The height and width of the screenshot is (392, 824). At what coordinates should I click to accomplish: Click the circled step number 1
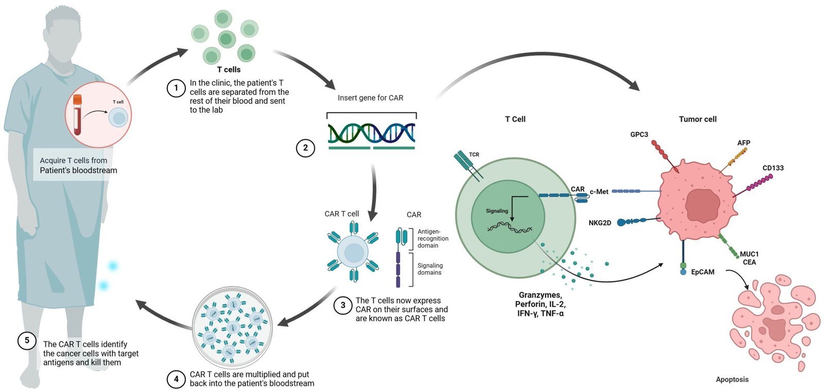point(176,88)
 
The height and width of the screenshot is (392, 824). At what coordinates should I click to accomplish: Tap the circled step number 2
point(305,148)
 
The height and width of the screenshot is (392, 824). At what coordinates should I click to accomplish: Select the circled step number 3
point(343,305)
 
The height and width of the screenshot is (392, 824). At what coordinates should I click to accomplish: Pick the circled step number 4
point(176,379)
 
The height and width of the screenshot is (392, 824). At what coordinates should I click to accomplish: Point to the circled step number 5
point(27,341)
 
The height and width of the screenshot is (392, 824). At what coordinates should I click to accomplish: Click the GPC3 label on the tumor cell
point(639,134)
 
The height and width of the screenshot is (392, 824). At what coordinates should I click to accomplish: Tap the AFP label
point(744,142)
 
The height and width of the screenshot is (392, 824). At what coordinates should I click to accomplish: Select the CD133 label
point(773,168)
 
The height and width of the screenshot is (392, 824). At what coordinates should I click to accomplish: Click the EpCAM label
point(702,272)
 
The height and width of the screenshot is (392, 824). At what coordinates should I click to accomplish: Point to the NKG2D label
point(600,223)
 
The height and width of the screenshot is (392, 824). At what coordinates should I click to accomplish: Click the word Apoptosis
point(732,380)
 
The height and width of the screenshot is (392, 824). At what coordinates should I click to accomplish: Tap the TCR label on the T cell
point(474,154)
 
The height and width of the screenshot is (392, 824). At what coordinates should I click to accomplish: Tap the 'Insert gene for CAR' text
point(370,98)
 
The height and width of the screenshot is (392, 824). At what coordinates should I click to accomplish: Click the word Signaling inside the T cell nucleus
point(497,211)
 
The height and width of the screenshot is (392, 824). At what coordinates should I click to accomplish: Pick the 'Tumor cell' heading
point(698,119)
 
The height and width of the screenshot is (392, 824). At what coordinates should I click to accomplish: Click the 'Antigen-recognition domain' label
point(433,239)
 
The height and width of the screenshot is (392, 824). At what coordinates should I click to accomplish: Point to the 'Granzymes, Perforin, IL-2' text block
point(540,304)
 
